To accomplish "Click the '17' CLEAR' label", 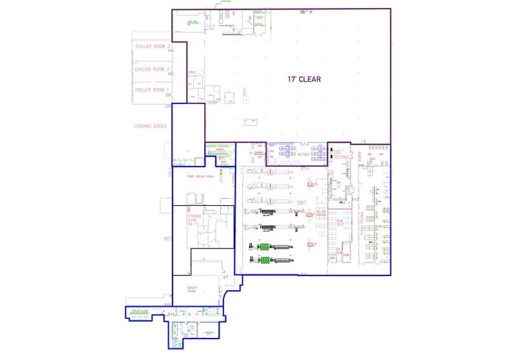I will pyautogui.click(x=304, y=80).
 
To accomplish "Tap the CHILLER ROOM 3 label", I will pyautogui.click(x=152, y=47).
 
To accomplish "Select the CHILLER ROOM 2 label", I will pyautogui.click(x=152, y=69).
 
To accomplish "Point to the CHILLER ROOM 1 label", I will pyautogui.click(x=152, y=90).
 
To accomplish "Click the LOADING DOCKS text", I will pyautogui.click(x=150, y=127).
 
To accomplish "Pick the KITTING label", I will pyautogui.click(x=302, y=155).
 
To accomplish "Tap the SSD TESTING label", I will pyautogui.click(x=341, y=154).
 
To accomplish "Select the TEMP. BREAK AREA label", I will pyautogui.click(x=201, y=176).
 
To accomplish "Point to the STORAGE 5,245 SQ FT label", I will pyautogui.click(x=195, y=220).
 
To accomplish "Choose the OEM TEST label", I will pyautogui.click(x=340, y=222).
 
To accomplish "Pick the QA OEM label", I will pyautogui.click(x=339, y=250).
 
